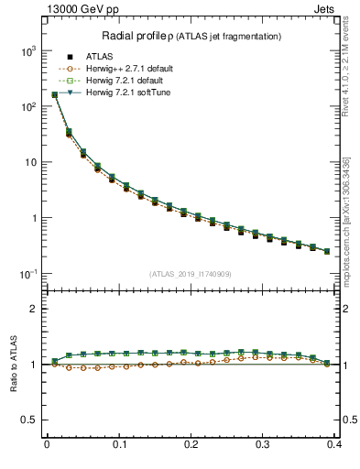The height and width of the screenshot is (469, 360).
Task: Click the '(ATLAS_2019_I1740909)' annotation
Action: click(x=191, y=274)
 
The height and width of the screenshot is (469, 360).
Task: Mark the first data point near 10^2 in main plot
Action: click(x=55, y=94)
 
